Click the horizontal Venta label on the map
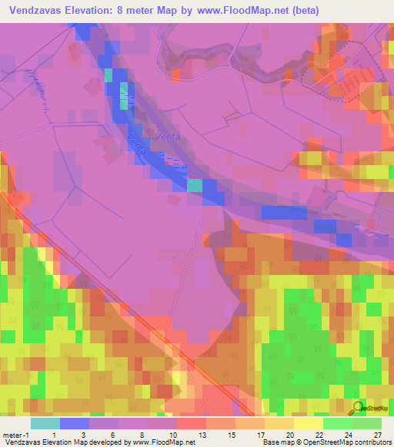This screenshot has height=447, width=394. coord(167,136)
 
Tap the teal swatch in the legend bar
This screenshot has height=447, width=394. coord(45,423)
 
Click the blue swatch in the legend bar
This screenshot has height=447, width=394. coord(74,423)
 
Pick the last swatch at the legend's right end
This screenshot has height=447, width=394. coord(366,423)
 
